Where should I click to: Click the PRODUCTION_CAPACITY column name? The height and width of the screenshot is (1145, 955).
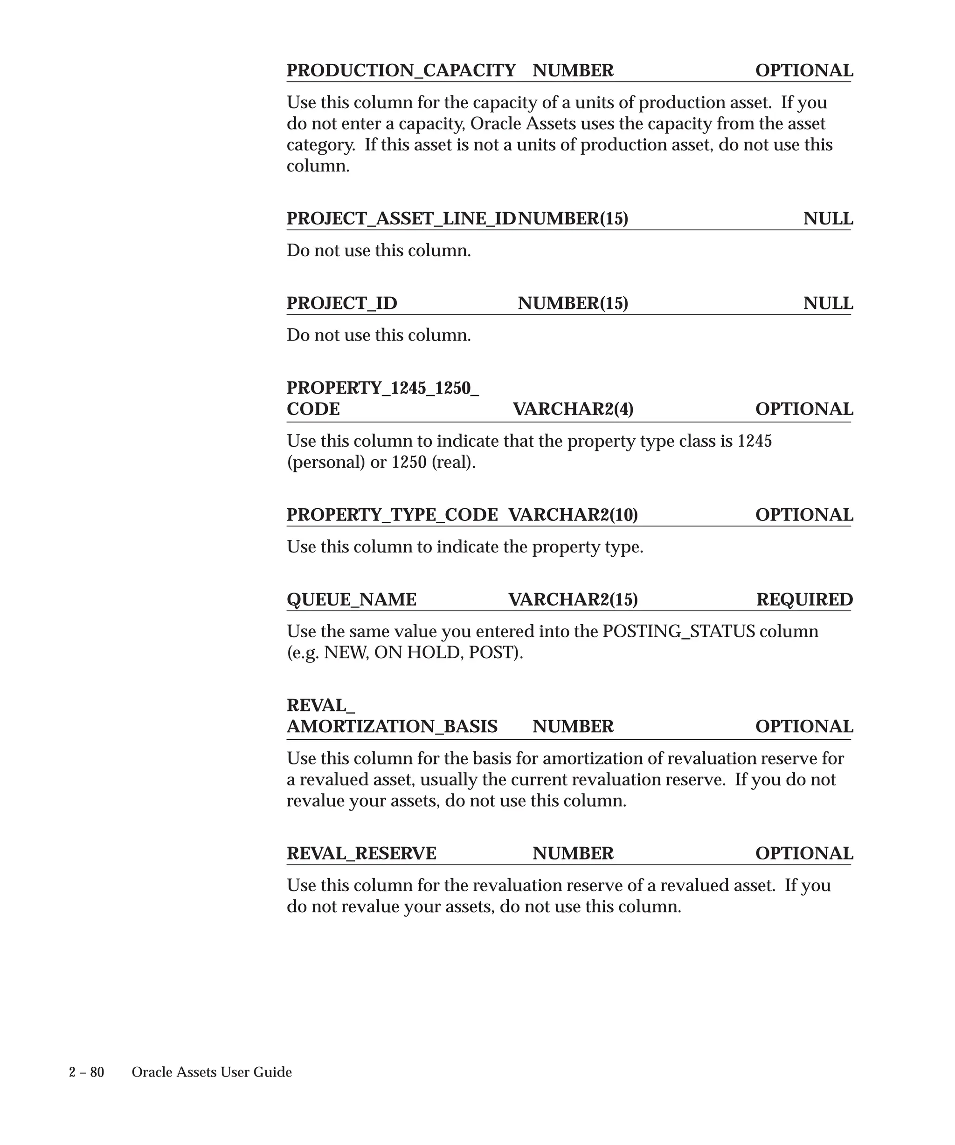[x=401, y=70]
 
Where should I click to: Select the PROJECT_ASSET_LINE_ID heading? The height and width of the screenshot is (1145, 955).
[x=401, y=218]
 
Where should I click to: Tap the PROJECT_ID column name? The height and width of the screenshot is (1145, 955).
[x=342, y=303]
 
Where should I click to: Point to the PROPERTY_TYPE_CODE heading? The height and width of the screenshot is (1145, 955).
[x=392, y=515]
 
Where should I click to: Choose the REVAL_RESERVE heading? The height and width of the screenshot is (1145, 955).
[x=361, y=853]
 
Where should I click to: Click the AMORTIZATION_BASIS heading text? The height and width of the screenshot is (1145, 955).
[x=392, y=726]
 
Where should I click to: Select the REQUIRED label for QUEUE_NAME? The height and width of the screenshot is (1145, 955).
[x=804, y=599]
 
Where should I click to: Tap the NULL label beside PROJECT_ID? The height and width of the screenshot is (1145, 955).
[x=827, y=303]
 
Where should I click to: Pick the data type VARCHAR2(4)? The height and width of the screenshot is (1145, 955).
[x=573, y=409]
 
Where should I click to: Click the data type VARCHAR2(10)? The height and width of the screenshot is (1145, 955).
[x=573, y=515]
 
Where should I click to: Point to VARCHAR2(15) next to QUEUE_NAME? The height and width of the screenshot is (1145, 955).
[x=573, y=599]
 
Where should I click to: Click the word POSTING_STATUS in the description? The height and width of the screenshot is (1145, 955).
[x=678, y=631]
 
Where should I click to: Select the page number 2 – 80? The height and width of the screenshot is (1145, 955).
[x=86, y=1072]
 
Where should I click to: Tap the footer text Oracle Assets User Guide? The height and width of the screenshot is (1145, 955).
[x=212, y=1072]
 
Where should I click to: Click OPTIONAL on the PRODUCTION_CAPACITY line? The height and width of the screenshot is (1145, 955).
[x=804, y=70]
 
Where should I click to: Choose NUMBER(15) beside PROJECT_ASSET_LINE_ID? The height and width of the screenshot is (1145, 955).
[x=573, y=218]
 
